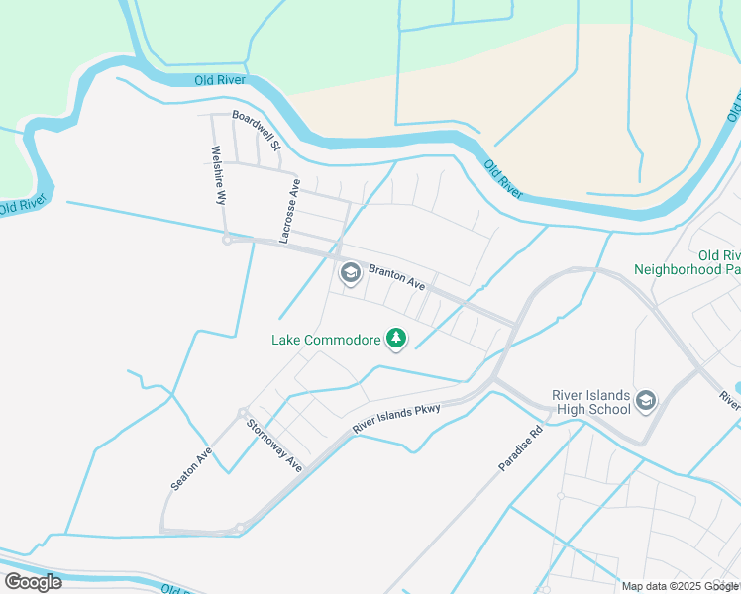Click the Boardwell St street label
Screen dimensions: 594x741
pos(258,130)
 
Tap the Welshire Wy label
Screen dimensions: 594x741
pos(219,175)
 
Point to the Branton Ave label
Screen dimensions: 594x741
pos(396,276)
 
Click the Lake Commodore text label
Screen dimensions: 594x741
pos(327,340)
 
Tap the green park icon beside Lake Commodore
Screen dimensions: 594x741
pos(396,340)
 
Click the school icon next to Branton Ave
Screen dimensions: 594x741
pos(350,273)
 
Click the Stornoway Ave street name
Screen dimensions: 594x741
pos(274,445)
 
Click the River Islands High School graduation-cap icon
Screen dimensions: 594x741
pos(646,400)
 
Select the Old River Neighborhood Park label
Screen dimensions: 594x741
pos(688,262)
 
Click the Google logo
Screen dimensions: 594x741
pos(33,582)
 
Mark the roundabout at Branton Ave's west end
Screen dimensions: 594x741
pos(227,240)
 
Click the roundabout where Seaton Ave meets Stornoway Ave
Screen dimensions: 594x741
pos(242,413)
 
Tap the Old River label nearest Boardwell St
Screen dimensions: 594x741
pos(220,80)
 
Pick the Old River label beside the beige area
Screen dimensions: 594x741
pos(503,179)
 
